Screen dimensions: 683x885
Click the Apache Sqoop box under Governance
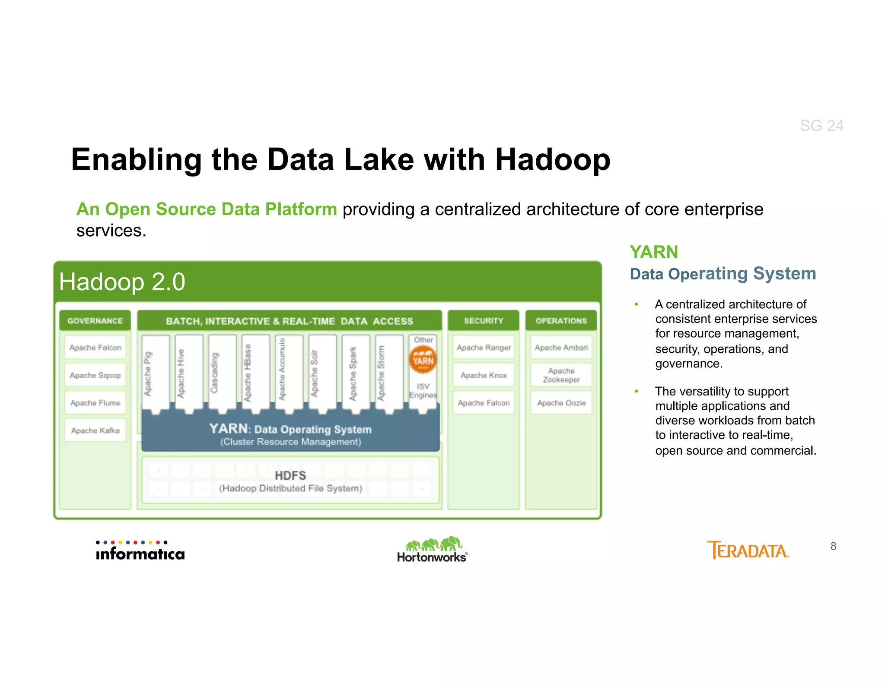(95, 375)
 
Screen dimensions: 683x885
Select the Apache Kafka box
(95, 430)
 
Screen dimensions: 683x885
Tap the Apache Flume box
(95, 403)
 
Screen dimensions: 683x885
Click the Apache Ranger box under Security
(484, 348)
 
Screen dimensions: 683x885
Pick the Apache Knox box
(484, 375)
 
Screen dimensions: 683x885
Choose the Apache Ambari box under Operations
(561, 348)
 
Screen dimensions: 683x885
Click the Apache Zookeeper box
(561, 375)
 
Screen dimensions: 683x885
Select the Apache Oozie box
(561, 403)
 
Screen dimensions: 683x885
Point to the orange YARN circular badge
(423, 360)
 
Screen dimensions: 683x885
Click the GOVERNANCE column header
(95, 321)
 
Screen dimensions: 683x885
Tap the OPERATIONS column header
(561, 321)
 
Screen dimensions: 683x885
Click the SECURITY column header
(484, 321)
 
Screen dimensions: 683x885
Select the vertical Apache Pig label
(148, 374)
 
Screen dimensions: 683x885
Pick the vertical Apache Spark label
(353, 374)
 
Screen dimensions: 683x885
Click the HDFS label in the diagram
(290, 476)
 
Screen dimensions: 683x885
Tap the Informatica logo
(140, 551)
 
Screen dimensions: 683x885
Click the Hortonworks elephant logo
(433, 549)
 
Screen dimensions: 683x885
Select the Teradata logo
(748, 550)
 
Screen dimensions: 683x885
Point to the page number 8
(833, 546)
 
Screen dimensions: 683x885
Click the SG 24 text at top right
(821, 126)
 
